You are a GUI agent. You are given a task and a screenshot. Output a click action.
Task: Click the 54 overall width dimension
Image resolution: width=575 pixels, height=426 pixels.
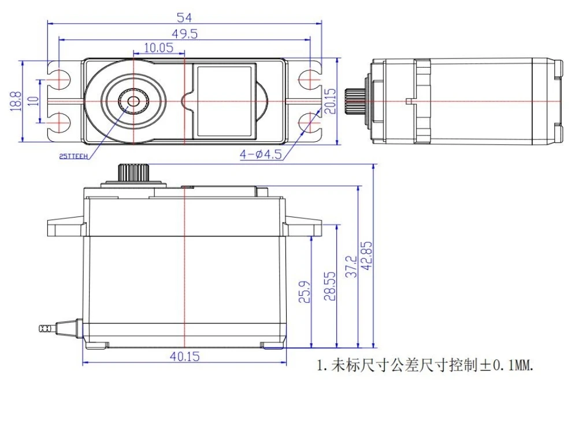pos(184,17)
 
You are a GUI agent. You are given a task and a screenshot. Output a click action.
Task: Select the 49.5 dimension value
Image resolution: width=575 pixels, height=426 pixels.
pos(184,34)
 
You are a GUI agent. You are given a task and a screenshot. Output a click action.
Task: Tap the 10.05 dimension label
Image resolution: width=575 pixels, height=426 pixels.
pos(158,47)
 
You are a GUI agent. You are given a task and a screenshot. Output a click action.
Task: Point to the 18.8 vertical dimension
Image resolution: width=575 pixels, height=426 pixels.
pos(16,101)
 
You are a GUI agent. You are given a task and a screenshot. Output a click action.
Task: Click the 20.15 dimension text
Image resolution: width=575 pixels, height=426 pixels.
pos(330,101)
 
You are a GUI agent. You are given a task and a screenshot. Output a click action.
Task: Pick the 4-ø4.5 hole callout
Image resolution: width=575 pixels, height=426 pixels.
pos(261,154)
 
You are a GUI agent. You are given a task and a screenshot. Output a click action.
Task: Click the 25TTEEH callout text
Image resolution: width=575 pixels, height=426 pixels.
pos(73,156)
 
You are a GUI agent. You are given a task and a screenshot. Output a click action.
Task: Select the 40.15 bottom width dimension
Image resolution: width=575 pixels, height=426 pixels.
pos(185,356)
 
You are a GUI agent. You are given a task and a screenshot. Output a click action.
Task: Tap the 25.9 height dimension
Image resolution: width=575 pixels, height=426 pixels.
pos(305,292)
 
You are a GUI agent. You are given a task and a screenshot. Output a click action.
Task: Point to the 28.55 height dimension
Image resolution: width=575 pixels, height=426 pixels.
pos(329,287)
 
